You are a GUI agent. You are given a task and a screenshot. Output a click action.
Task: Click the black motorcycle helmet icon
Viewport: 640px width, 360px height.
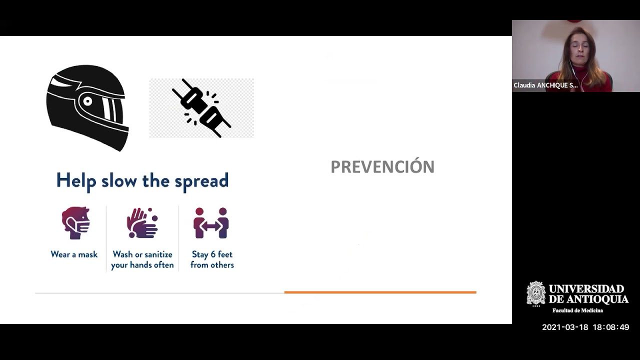click(x=87, y=106)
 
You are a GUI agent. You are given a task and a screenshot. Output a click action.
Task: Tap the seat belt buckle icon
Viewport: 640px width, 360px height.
click(x=201, y=108)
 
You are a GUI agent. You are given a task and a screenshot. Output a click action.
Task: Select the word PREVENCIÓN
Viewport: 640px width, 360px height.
click(x=382, y=167)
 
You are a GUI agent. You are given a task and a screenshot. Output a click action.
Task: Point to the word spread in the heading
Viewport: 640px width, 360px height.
click(x=201, y=181)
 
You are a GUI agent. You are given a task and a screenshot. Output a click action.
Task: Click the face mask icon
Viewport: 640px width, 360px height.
click(x=75, y=222)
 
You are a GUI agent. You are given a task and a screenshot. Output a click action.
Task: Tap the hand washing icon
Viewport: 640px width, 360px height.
click(x=142, y=223)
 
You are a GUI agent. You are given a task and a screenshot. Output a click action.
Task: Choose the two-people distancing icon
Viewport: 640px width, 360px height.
click(x=211, y=223)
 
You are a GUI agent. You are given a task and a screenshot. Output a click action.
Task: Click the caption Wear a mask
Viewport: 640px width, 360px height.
click(x=74, y=254)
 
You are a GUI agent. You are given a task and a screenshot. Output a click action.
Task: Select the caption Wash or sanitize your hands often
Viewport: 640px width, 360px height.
click(x=142, y=259)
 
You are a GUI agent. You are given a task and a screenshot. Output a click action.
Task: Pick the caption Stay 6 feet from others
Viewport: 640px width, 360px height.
click(x=212, y=259)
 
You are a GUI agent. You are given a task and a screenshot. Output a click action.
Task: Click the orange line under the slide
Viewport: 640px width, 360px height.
click(x=380, y=292)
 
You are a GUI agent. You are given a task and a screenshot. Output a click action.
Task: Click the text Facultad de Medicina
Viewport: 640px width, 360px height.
click(x=577, y=310)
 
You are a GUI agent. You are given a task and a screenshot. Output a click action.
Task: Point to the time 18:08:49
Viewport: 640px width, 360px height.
click(x=610, y=327)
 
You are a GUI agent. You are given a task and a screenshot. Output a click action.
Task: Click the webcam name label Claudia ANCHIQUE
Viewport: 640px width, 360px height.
click(x=545, y=85)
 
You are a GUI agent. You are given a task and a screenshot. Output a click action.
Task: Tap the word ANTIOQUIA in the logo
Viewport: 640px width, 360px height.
click(x=596, y=299)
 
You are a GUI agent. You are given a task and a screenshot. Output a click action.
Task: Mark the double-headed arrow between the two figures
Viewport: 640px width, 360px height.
click(x=211, y=227)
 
